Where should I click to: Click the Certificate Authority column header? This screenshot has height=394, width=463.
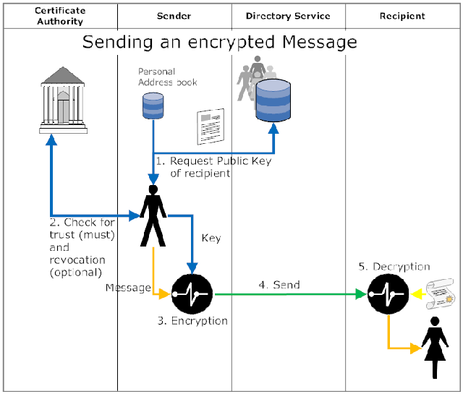click(59, 16)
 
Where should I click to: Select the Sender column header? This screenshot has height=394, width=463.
click(174, 16)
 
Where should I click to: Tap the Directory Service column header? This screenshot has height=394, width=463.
click(287, 16)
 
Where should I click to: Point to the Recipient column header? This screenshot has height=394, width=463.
click(402, 16)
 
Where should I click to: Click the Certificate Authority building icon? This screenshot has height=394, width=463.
click(62, 98)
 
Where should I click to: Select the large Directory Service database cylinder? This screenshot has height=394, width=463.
click(274, 100)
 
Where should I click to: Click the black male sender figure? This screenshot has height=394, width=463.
click(153, 215)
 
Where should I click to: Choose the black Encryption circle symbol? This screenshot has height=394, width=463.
click(191, 294)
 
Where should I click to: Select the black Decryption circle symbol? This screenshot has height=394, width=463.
click(386, 294)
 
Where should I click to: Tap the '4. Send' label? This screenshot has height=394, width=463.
click(279, 286)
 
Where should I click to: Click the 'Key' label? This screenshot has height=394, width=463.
click(211, 238)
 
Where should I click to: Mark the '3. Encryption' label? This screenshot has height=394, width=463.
click(192, 321)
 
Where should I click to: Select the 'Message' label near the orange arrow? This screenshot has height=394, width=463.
click(127, 288)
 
